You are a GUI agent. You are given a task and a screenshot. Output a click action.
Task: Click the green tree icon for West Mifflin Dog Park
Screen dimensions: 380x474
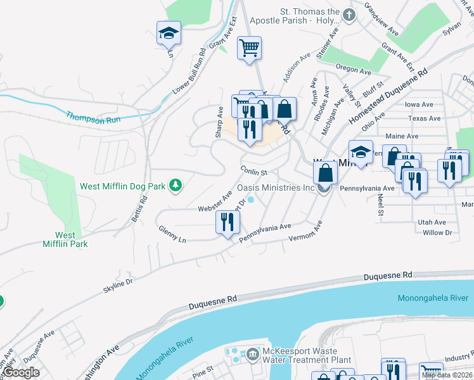tap(176, 186)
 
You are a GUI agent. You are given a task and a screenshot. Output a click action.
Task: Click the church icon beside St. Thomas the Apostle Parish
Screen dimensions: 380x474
tap(348, 14)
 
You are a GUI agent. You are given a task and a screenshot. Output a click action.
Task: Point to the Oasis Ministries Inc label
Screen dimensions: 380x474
tap(276, 188)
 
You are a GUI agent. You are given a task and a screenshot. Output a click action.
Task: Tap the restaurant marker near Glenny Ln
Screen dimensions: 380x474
tap(227, 222)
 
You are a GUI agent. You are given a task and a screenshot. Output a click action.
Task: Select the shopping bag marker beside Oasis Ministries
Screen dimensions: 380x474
tap(325, 172)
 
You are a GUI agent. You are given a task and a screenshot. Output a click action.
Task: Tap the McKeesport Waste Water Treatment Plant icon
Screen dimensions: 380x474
tap(252, 352)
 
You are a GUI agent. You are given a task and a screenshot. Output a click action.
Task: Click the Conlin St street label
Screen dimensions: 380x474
tap(255, 171)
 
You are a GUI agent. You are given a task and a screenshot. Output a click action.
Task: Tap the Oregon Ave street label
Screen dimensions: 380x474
tap(353, 71)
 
